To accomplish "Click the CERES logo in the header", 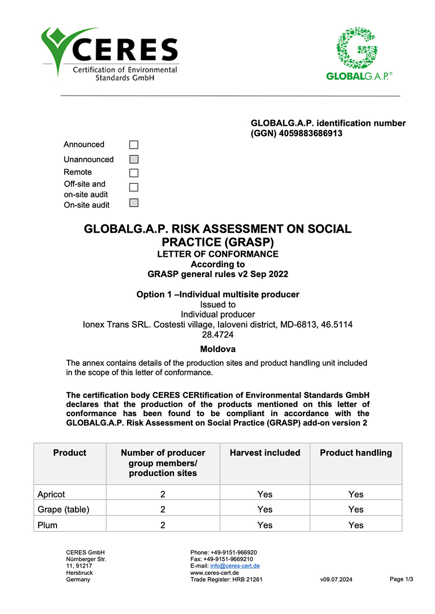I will pos(110,53).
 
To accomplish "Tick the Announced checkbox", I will pos(134,145).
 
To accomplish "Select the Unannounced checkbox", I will pos(134,159).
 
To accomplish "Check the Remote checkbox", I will pos(134,173).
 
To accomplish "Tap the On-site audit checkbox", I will pos(134,203).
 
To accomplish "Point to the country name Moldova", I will pos(217,349).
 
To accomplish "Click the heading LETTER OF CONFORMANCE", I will pos(217,254).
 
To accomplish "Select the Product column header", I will pos(70,453).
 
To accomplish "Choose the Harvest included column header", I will pos(265,453).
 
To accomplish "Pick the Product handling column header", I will pos(356,453).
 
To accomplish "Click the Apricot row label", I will pos(51,494).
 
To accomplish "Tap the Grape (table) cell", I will pos(63,509).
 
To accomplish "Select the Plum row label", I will pos(47,525).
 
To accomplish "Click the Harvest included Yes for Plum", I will pos(265,525).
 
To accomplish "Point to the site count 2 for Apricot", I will pos(163,494).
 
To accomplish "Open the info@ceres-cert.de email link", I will pos(235,566).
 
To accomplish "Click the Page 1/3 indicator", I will pos(401,579).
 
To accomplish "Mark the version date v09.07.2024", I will pos(336,580).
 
